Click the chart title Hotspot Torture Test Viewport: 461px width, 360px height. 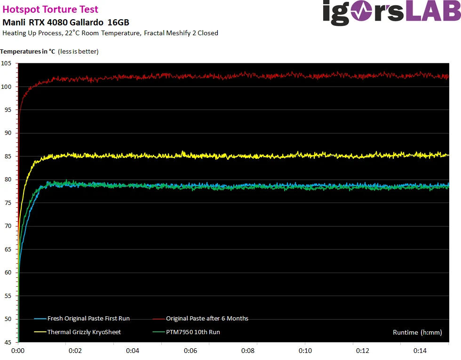point(50,10)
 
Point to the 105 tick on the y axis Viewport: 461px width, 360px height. point(6,63)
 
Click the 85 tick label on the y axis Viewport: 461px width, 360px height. point(8,156)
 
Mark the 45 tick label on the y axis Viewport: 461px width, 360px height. point(8,342)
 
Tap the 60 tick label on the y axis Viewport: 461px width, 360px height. point(8,273)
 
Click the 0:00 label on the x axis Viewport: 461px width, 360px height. point(18,351)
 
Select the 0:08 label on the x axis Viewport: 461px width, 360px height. point(247,351)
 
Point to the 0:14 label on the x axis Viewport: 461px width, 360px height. point(420,351)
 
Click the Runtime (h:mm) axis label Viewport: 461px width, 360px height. point(418,332)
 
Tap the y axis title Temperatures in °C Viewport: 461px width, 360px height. point(28,51)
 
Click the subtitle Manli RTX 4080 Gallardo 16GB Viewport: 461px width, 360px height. point(66,23)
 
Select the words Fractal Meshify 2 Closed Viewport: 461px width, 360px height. point(181,33)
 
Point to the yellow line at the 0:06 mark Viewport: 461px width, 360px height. point(190,155)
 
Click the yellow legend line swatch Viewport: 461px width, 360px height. point(40,332)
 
